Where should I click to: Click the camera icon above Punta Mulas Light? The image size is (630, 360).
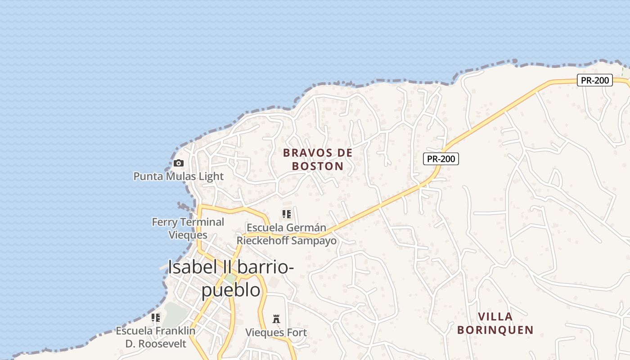tap(179, 163)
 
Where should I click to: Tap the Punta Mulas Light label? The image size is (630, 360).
tap(178, 176)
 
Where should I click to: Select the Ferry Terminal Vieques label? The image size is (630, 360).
tap(188, 228)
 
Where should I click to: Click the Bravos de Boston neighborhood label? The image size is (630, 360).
tap(318, 159)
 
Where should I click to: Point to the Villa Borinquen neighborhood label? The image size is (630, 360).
tap(495, 323)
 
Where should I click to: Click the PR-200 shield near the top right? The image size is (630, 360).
tap(594, 81)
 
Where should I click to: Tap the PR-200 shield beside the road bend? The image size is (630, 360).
tap(441, 158)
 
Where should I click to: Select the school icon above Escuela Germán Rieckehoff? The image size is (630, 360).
tap(287, 214)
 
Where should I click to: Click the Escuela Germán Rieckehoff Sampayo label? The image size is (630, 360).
tap(286, 234)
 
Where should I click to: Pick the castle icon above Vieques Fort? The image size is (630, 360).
tap(276, 319)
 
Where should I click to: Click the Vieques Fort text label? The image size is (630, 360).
tap(276, 333)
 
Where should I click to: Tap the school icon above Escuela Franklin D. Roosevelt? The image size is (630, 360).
tap(156, 318)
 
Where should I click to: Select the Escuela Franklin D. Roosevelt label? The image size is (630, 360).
tap(156, 337)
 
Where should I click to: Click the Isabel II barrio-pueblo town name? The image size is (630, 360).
tap(231, 278)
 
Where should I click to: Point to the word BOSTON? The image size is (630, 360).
tap(318, 166)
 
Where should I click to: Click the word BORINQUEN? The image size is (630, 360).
tap(495, 330)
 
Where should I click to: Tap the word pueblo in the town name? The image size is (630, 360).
tap(230, 290)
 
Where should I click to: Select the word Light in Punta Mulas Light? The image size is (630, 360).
tap(211, 176)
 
